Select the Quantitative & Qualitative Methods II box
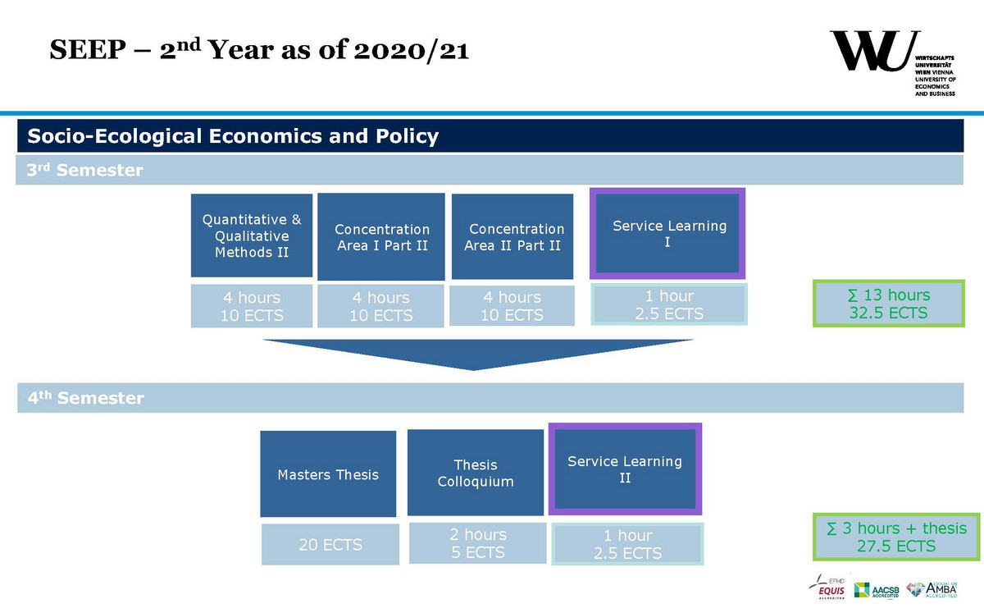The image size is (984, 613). [x=252, y=236]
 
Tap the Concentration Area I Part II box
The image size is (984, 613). [x=381, y=236]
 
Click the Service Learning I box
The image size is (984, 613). [x=667, y=234]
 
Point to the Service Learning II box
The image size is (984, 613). [x=625, y=469]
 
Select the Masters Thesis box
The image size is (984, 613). [x=328, y=473]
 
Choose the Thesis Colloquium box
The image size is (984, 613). [x=476, y=473]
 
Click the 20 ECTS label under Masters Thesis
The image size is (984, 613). [x=330, y=544]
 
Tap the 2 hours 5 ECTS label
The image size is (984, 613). [x=477, y=543]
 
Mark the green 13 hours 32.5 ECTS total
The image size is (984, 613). [x=888, y=304]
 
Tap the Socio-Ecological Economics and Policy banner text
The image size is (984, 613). [x=234, y=136]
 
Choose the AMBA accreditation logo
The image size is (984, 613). [x=934, y=589]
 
